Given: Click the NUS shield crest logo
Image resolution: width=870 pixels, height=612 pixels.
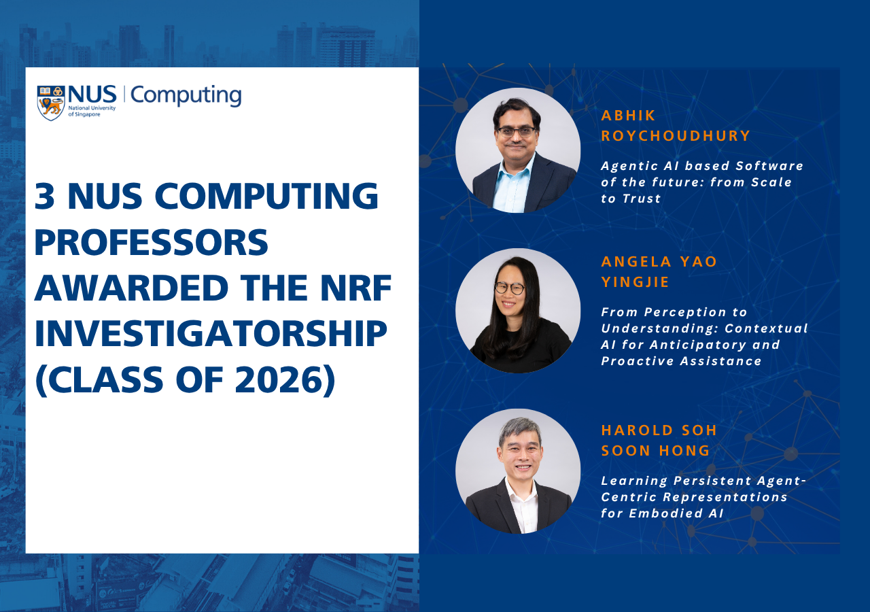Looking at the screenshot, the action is click(x=51, y=103).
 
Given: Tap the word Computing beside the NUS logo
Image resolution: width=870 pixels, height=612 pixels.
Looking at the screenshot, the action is click(x=186, y=96).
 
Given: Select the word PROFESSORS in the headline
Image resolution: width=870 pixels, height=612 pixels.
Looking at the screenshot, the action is click(x=152, y=242).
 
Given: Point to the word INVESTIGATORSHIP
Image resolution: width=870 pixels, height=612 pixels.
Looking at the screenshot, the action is click(x=211, y=334).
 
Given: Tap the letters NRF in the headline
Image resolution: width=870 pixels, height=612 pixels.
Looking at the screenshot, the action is click(x=356, y=288).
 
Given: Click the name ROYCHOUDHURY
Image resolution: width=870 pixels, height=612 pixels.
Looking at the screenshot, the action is click(x=676, y=135).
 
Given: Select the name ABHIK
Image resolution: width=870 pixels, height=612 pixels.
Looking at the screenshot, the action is click(x=629, y=116).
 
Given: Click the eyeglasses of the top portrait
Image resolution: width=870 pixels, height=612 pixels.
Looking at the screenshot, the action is click(x=516, y=131).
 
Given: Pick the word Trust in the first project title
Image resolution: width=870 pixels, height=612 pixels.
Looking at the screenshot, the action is click(x=642, y=199).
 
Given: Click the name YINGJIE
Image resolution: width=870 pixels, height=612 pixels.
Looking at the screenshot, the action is click(x=635, y=282).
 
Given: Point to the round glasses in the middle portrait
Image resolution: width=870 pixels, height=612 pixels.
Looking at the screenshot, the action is click(x=510, y=288).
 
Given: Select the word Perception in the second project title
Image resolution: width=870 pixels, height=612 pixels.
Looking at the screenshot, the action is click(x=685, y=312).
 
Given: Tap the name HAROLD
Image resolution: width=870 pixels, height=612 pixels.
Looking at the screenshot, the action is click(x=638, y=430).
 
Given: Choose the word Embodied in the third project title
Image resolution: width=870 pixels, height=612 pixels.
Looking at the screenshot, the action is click(x=665, y=513).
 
